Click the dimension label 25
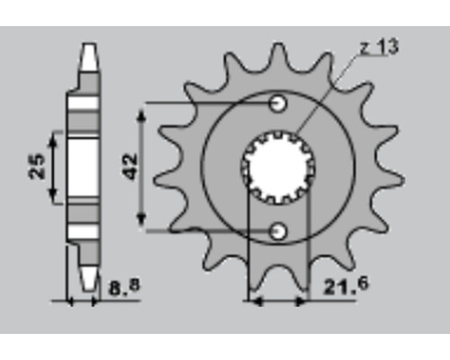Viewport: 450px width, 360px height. click(x=37, y=166)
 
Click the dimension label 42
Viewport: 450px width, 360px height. click(x=131, y=166)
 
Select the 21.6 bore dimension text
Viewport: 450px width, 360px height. click(x=346, y=286)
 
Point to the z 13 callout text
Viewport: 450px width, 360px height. click(x=380, y=47)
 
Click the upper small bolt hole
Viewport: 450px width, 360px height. click(x=278, y=103)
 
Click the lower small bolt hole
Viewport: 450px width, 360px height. click(x=278, y=231)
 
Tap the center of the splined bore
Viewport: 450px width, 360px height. click(x=278, y=167)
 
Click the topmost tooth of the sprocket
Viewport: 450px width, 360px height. click(x=279, y=49)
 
